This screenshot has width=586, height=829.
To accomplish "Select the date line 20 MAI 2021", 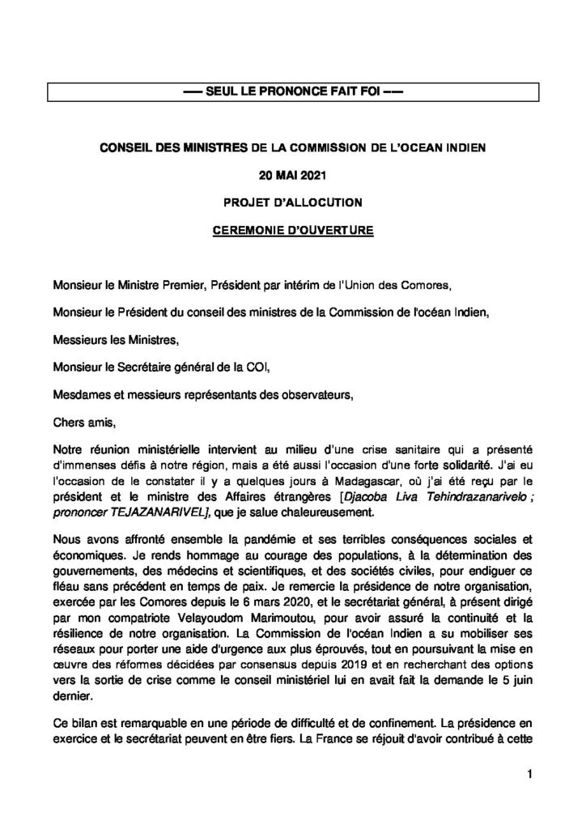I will pyautogui.click(x=292, y=173).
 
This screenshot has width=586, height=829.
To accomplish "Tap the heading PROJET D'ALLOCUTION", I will pyautogui.click(x=292, y=201).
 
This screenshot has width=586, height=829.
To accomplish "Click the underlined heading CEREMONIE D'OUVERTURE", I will pyautogui.click(x=292, y=229).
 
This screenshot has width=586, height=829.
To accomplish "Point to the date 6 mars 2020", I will pyautogui.click(x=248, y=603).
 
